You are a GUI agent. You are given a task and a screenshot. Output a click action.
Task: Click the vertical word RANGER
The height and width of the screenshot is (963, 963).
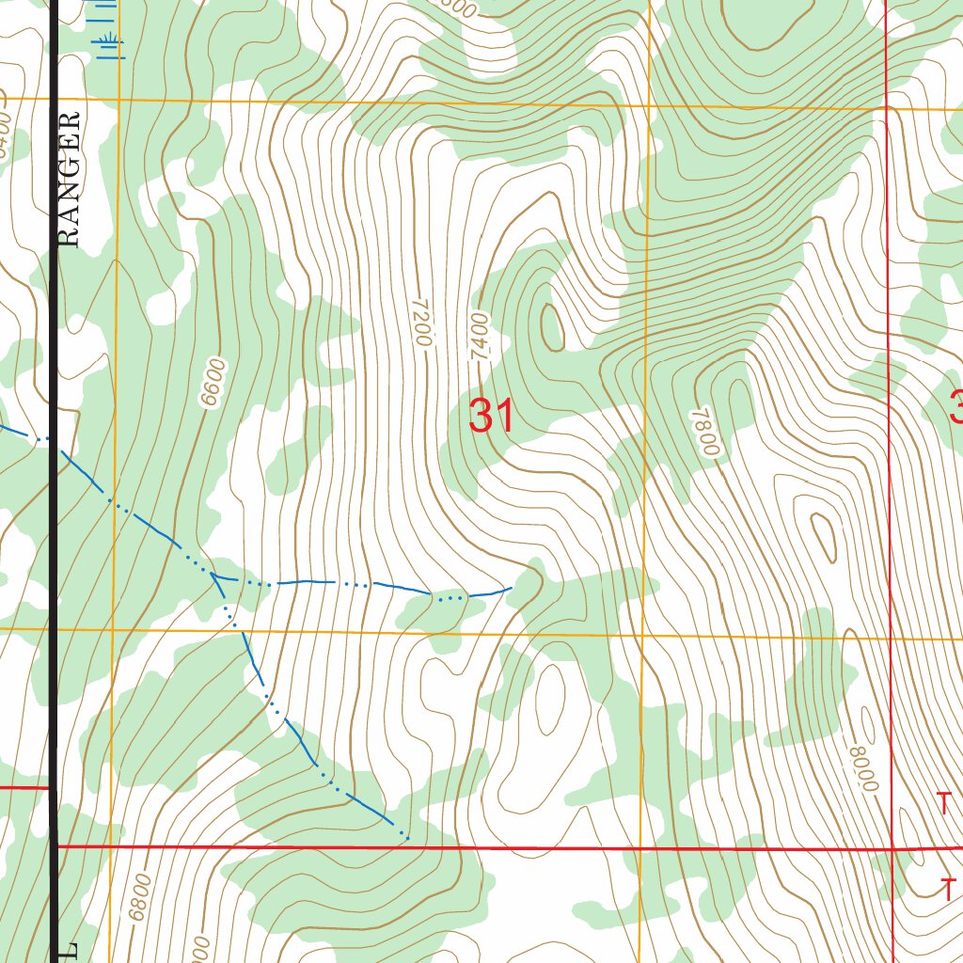[x=70, y=179]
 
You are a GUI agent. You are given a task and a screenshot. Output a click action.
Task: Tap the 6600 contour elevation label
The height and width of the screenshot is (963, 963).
[x=213, y=382]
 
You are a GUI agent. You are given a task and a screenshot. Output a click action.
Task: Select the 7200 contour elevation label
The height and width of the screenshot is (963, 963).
[x=420, y=324]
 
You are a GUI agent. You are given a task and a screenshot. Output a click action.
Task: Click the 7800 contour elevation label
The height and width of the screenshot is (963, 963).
[x=705, y=433]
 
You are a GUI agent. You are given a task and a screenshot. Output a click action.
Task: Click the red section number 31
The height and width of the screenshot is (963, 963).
[x=492, y=416]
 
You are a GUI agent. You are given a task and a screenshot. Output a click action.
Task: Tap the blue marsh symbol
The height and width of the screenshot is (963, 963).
[x=114, y=44]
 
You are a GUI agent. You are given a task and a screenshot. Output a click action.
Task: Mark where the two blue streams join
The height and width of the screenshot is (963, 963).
[x=215, y=576]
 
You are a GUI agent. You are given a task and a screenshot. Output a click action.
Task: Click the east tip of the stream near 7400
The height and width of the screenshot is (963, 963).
[x=511, y=589]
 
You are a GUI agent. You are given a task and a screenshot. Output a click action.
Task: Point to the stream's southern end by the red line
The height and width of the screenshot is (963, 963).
[x=406, y=836]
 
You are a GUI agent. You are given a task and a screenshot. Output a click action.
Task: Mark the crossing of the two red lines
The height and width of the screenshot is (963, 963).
[x=892, y=849]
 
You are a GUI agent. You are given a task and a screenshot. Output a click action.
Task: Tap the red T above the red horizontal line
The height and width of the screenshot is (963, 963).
[x=944, y=804]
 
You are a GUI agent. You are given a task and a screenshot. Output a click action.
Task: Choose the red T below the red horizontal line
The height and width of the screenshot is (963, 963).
[x=950, y=889]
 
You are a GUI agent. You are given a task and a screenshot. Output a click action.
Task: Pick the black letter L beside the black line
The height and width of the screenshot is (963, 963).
[x=69, y=950]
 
